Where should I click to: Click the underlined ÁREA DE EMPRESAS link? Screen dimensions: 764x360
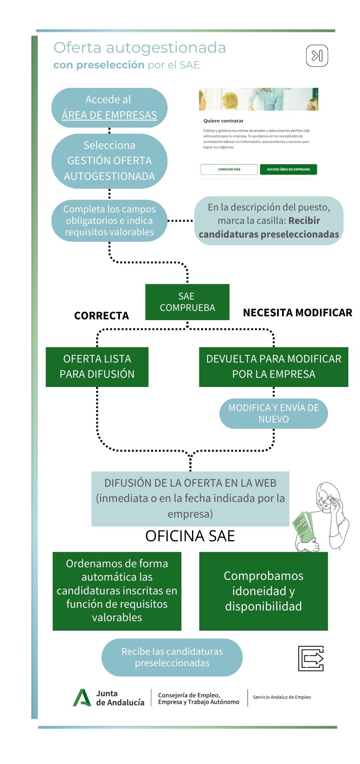tap(109, 115)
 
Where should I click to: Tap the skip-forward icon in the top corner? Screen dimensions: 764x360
tap(317, 56)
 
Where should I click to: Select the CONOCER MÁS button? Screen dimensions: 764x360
tap(229, 169)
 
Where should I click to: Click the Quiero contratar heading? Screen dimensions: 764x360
tap(223, 121)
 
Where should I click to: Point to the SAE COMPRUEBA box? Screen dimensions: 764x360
tap(187, 302)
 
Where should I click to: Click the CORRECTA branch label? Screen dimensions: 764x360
tap(102, 316)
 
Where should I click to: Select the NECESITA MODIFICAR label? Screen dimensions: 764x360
tap(297, 313)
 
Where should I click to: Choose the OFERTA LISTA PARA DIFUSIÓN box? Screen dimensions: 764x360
tap(97, 367)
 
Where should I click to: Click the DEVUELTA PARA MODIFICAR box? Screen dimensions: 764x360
tap(273, 367)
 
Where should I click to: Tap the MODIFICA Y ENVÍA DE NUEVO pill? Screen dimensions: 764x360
tap(273, 413)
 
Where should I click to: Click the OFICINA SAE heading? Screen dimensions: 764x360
tap(190, 536)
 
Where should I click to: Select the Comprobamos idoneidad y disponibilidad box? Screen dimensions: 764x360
tap(263, 591)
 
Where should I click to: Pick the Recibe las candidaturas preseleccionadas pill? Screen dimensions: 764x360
tap(172, 657)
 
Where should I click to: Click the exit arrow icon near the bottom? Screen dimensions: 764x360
tap(311, 658)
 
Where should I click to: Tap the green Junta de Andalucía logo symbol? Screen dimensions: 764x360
tap(82, 698)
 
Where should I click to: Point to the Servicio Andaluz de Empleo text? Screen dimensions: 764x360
tap(282, 697)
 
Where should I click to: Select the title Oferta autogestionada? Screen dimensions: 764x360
tap(140, 48)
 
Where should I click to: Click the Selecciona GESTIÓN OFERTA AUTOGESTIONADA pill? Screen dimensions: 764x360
tap(109, 161)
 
